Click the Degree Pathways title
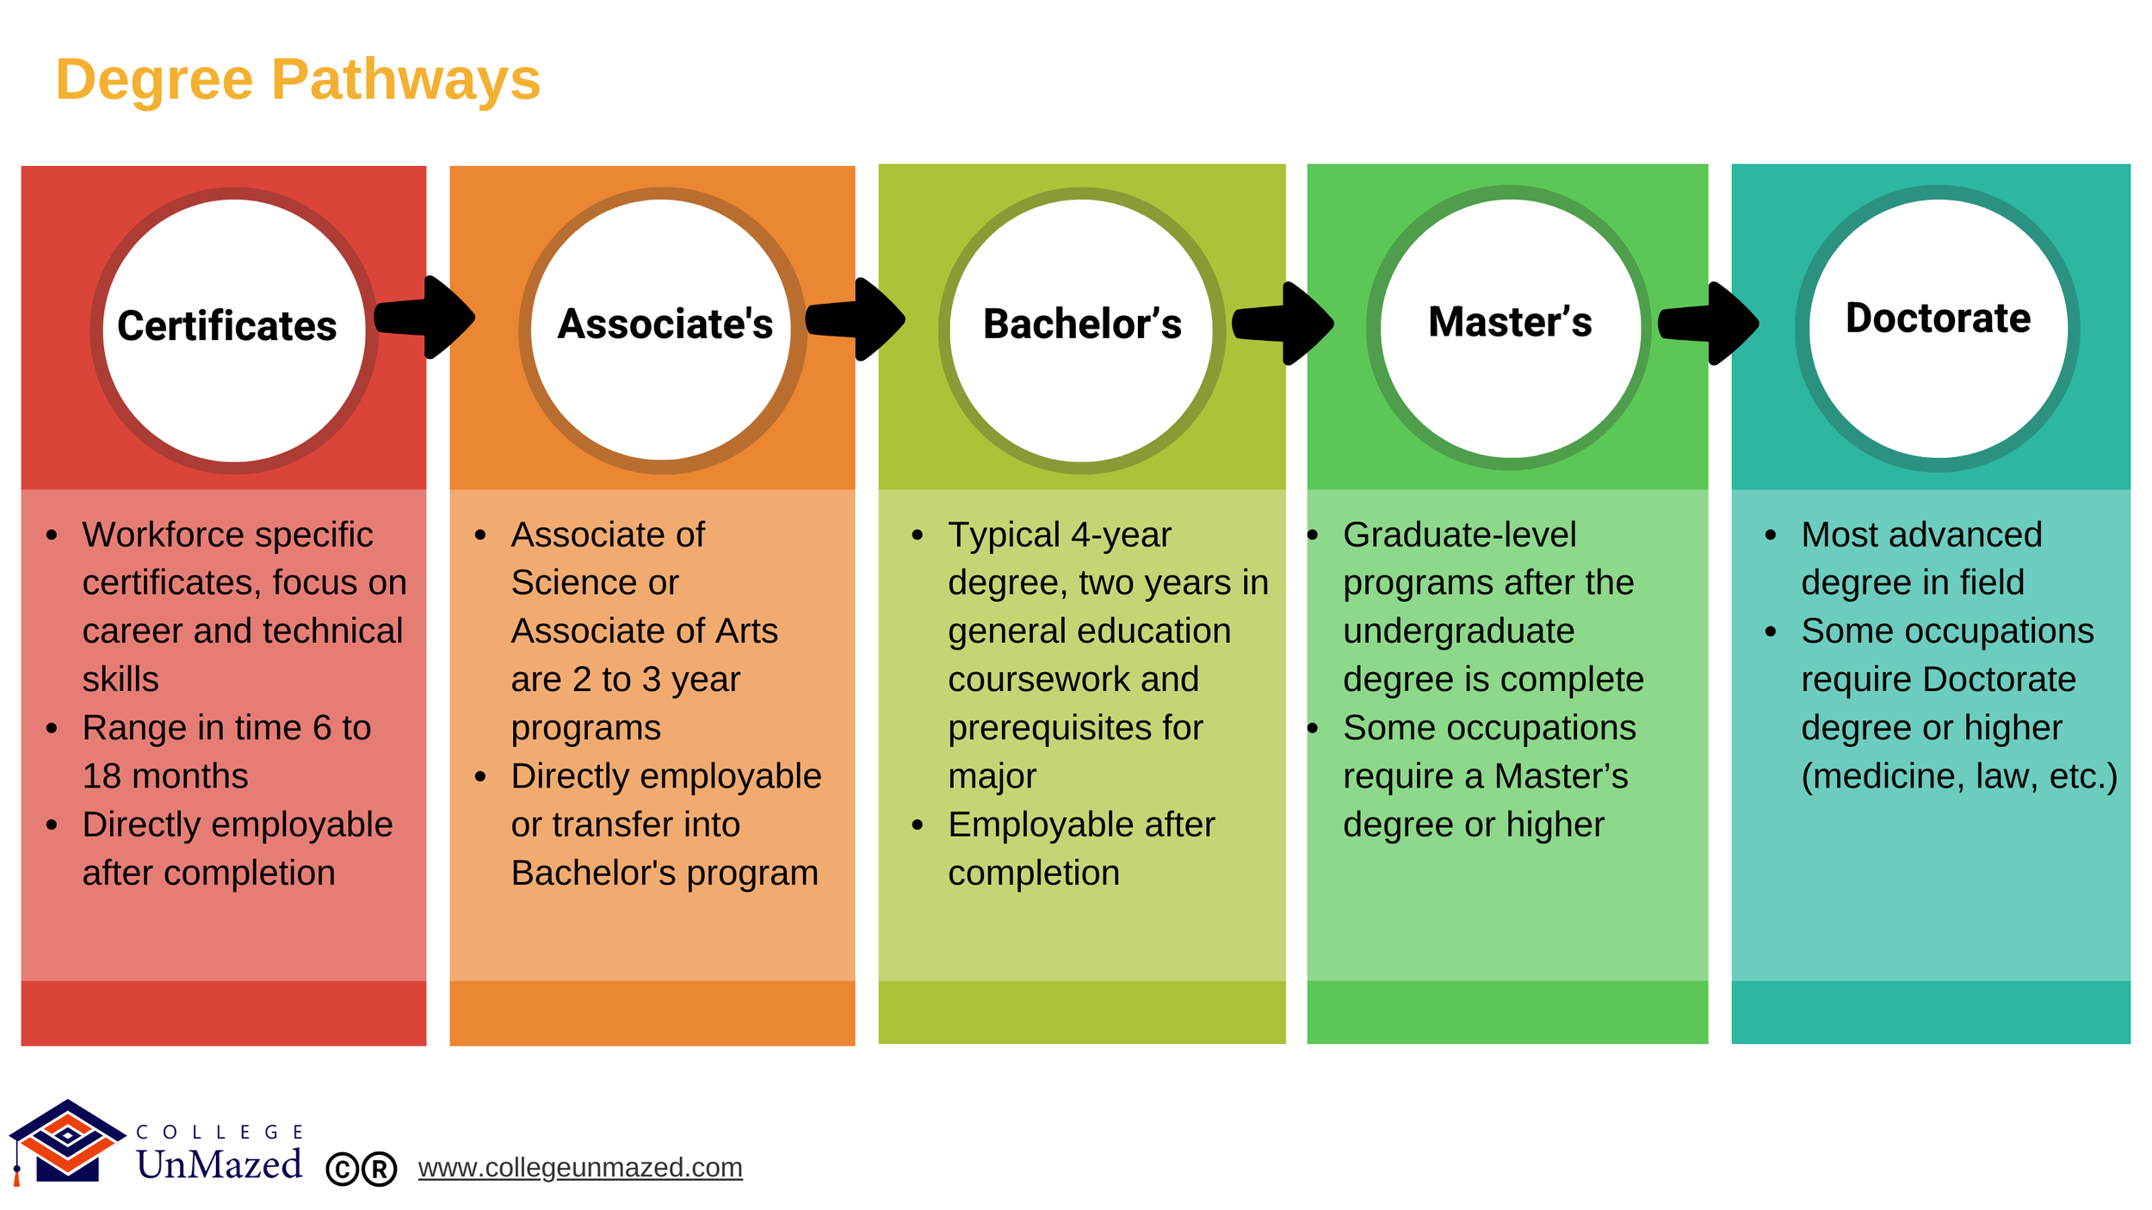298,79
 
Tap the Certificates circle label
226,326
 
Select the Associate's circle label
665,324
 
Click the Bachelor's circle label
1082,324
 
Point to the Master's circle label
1510,322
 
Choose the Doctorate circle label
1938,318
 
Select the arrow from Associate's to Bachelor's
857,319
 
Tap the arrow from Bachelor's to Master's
1285,324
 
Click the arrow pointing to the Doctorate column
1711,324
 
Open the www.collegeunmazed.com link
580,1168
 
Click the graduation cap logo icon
67,1140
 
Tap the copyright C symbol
343,1170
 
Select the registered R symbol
379,1170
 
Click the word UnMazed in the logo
219,1164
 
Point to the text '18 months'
165,776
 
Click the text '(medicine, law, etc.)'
1958,776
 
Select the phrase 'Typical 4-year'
1059,535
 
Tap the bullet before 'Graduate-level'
1313,535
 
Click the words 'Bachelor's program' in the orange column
664,873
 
